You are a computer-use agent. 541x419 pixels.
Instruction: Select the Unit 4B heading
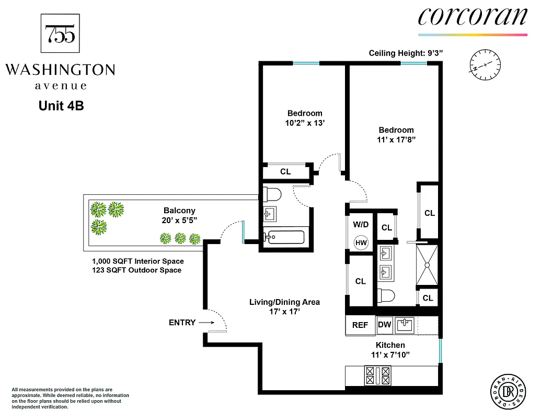(x=61, y=106)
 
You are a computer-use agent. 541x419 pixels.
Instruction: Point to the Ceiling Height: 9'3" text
(x=406, y=53)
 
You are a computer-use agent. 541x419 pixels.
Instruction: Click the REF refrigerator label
(x=360, y=325)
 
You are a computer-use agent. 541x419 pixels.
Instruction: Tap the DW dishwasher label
(x=385, y=325)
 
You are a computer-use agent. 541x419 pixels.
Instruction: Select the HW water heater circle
(x=361, y=242)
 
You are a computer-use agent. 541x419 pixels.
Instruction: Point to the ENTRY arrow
(x=204, y=323)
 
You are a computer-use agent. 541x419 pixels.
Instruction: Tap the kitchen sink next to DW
(x=405, y=325)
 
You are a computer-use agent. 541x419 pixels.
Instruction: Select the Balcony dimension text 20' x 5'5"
(x=180, y=220)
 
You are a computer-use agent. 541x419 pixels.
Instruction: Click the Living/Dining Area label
(x=284, y=302)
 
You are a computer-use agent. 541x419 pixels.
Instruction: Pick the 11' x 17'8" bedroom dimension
(x=396, y=140)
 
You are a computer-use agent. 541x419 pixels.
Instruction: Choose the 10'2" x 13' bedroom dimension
(x=304, y=123)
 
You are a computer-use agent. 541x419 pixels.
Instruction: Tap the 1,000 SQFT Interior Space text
(x=138, y=261)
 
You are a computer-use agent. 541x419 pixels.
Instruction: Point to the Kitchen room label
(x=390, y=345)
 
